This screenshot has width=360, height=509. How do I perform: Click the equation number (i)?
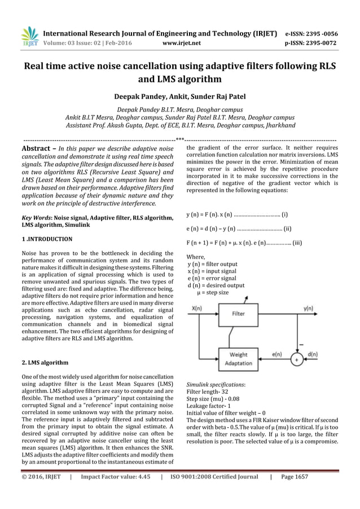285,214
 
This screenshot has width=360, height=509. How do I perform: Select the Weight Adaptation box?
238,359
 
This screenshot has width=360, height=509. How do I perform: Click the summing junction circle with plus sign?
295,358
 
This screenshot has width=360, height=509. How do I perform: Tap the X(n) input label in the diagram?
197,308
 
